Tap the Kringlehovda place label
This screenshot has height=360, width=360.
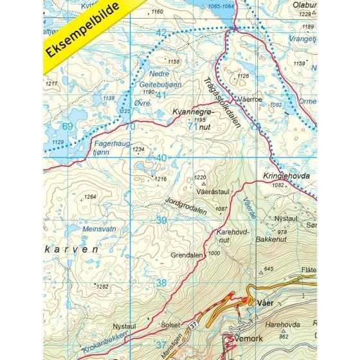coord(281,175)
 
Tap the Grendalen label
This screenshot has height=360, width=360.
coord(186,255)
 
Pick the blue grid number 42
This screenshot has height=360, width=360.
coord(161,33)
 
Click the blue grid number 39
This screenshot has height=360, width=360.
coord(161,221)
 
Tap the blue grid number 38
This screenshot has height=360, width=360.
coord(161,282)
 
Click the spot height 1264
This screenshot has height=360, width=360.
coord(90,197)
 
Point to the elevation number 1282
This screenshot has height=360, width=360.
coord(102,287)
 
